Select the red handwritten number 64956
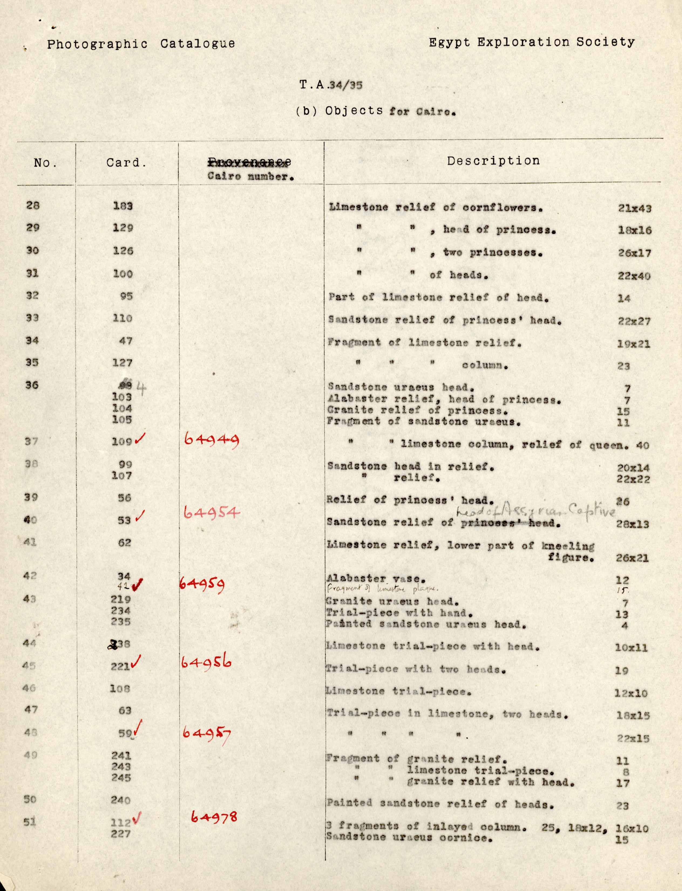coord(206,663)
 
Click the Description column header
coord(493,161)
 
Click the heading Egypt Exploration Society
coord(531,42)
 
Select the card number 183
coord(123,206)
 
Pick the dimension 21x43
coord(634,208)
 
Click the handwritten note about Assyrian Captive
coord(536,512)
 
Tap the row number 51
coord(30,822)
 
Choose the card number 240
coord(121,800)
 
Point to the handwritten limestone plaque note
coord(382,588)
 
